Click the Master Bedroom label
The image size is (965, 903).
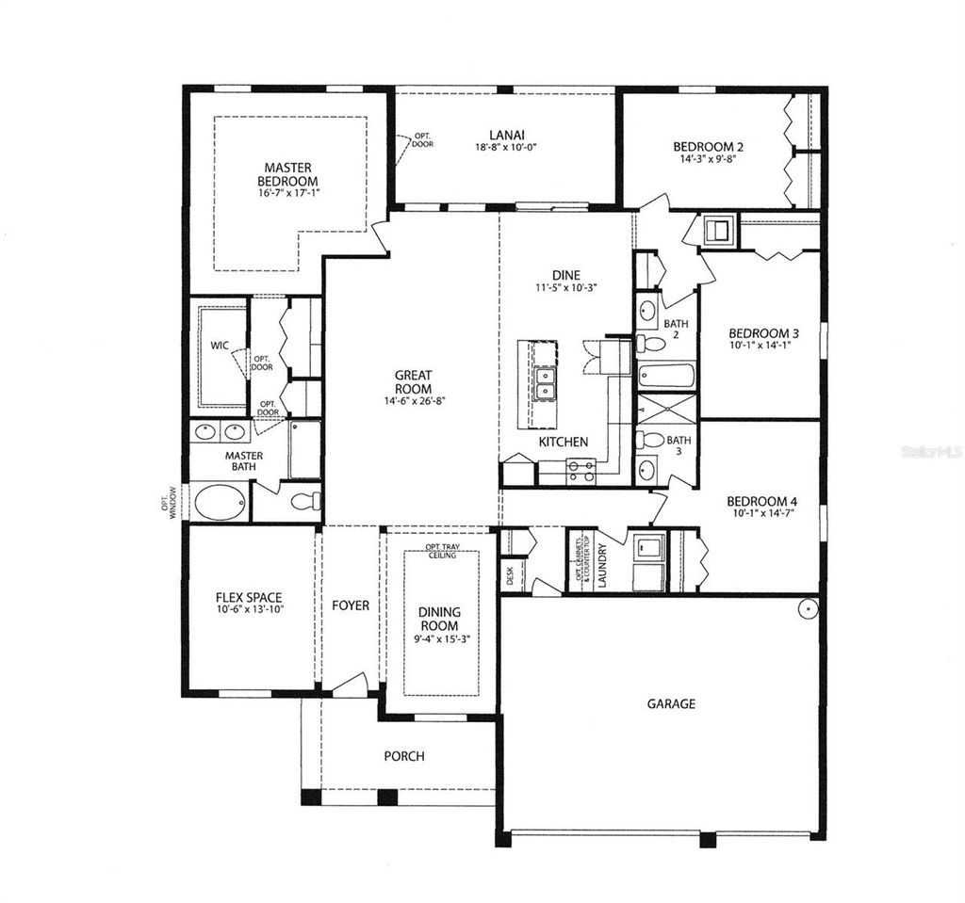pos(289,174)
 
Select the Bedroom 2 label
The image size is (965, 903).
pos(709,147)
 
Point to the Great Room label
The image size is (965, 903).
pos(413,381)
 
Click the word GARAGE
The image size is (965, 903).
pos(671,703)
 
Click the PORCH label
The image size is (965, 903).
pos(403,756)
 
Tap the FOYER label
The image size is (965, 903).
pos(350,605)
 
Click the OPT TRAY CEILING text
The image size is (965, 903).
pos(441,551)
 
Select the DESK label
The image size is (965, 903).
pos(510,575)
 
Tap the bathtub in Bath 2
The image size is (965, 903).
pos(666,376)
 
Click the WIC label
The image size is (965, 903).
pos(219,346)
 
